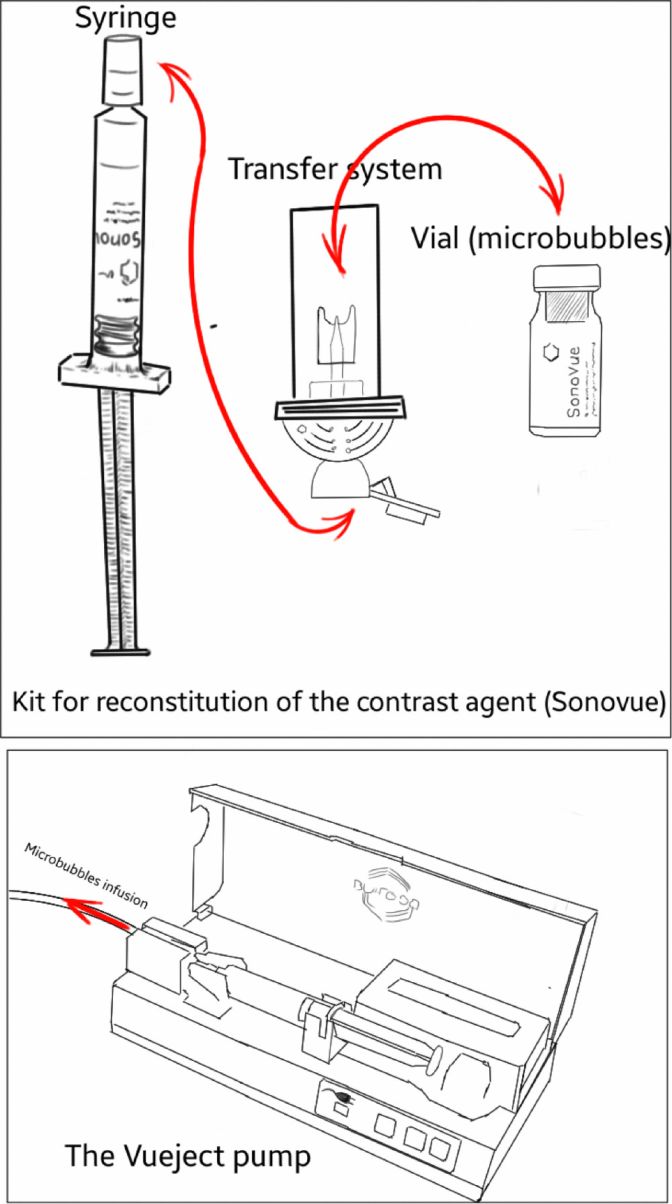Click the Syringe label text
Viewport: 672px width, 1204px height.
(x=126, y=18)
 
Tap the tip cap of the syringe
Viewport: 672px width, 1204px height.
(x=122, y=71)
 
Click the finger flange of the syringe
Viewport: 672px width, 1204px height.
(x=114, y=373)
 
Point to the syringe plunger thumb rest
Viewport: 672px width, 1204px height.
(x=120, y=651)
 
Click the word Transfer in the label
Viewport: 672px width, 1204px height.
(x=282, y=169)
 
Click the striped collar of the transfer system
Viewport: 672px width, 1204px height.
(x=341, y=408)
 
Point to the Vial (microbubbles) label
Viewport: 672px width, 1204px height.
(x=540, y=239)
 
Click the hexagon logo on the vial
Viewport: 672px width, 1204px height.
(x=551, y=352)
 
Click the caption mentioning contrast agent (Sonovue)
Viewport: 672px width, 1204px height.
(x=339, y=702)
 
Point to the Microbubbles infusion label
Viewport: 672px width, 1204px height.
(x=86, y=875)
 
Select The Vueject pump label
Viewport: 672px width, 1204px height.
(x=188, y=1156)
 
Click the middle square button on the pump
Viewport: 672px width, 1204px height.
(x=414, y=1135)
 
